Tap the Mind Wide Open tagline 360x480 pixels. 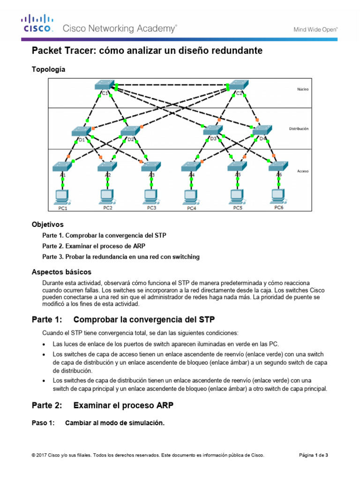point(315,29)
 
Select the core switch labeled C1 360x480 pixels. point(104,85)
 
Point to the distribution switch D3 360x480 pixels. point(213,131)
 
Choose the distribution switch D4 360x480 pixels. point(262,131)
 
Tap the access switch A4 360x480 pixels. point(190,166)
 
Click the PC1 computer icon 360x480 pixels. point(61,196)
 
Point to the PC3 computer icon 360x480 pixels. point(150,196)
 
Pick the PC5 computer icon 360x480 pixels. point(237,196)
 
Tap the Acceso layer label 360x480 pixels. point(303,172)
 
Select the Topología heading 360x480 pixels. point(48,69)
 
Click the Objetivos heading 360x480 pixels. point(47,225)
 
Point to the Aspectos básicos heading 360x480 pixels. point(61,272)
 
